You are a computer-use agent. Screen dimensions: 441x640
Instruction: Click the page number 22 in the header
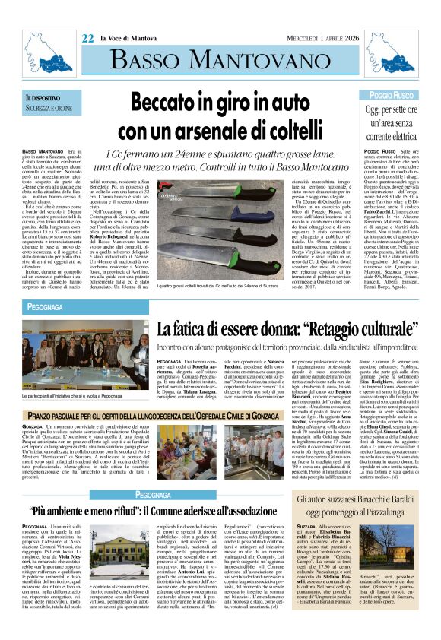click(x=87, y=38)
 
